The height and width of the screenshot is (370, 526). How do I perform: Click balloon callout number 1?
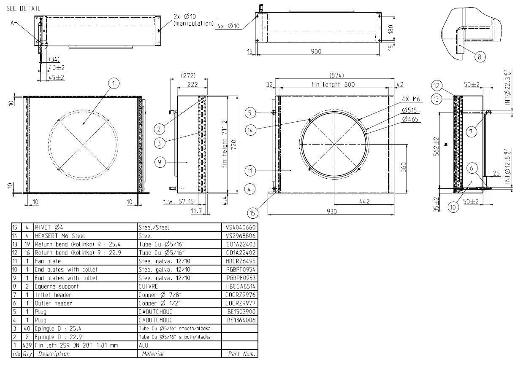[x=114, y=83]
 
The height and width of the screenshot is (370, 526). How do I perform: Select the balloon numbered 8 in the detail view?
[x=479, y=57]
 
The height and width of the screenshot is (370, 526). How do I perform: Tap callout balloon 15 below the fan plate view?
[x=252, y=213]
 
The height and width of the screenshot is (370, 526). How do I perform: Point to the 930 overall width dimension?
[x=331, y=212]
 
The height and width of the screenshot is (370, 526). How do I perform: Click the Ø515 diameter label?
[x=409, y=110]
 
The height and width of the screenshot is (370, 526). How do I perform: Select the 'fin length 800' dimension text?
[x=333, y=84]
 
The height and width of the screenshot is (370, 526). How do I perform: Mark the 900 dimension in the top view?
[x=316, y=51]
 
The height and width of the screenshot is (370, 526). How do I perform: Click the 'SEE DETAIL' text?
[x=23, y=9]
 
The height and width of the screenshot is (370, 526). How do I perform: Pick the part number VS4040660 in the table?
[x=240, y=227]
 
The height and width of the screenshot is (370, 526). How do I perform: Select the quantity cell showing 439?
[x=27, y=346]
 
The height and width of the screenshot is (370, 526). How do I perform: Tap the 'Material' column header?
[x=153, y=354]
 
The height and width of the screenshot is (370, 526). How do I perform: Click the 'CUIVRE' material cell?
[x=148, y=286]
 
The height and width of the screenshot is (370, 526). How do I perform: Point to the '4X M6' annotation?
[x=411, y=99]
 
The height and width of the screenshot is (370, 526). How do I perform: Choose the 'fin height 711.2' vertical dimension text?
[x=225, y=144]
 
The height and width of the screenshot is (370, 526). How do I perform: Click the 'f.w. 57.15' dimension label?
[x=179, y=201]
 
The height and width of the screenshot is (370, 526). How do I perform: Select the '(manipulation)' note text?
[x=193, y=24]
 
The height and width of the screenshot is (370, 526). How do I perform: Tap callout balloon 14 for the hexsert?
[x=250, y=130]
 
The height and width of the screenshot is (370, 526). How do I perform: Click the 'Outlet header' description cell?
[x=53, y=303]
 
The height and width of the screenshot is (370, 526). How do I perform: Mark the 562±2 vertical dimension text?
[x=436, y=146]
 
